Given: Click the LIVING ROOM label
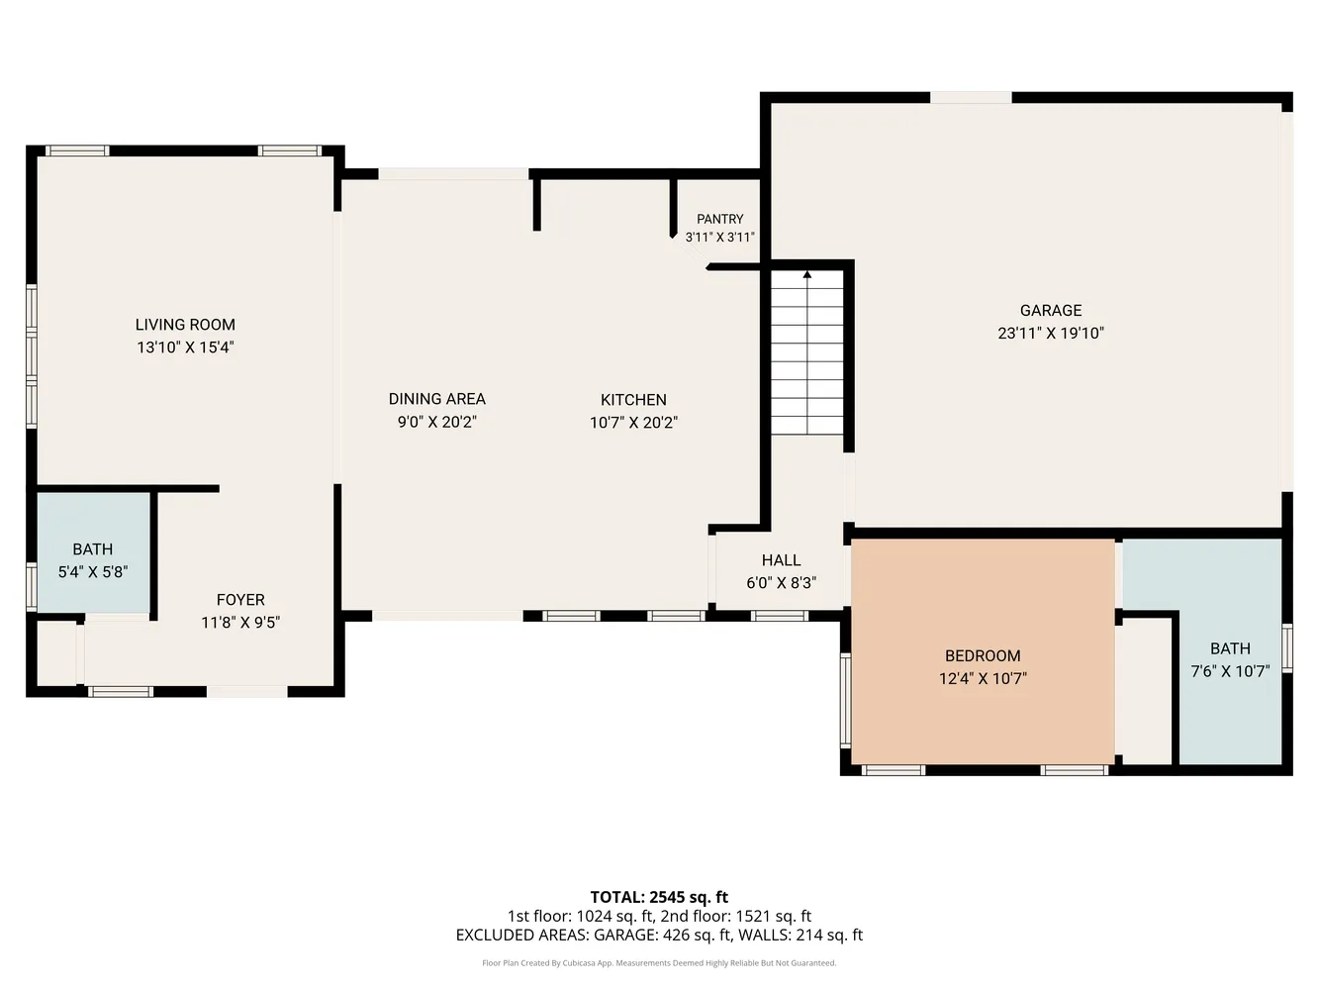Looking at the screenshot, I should [185, 325].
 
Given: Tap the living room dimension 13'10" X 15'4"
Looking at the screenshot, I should [185, 347].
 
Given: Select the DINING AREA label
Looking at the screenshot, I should [436, 399].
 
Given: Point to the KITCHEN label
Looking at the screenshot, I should [633, 400].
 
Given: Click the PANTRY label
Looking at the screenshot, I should [719, 219].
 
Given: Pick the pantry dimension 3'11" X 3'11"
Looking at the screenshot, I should [719, 238].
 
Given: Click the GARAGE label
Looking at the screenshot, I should [1050, 311].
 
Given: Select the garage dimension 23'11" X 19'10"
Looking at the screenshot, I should [1050, 334].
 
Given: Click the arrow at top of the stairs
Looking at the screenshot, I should [807, 274].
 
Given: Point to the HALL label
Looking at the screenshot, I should [781, 560].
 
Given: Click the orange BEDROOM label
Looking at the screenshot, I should [982, 656].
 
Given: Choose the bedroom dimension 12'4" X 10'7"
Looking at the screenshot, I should [982, 679].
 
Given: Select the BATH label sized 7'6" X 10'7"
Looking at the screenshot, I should [1230, 649].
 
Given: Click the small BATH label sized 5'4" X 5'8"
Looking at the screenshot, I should [92, 549].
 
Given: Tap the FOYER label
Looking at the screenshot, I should [240, 600].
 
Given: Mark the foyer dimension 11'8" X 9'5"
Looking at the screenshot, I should [240, 623].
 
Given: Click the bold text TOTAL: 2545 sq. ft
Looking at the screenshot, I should [659, 898].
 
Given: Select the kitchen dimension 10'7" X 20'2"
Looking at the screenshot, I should [633, 423].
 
